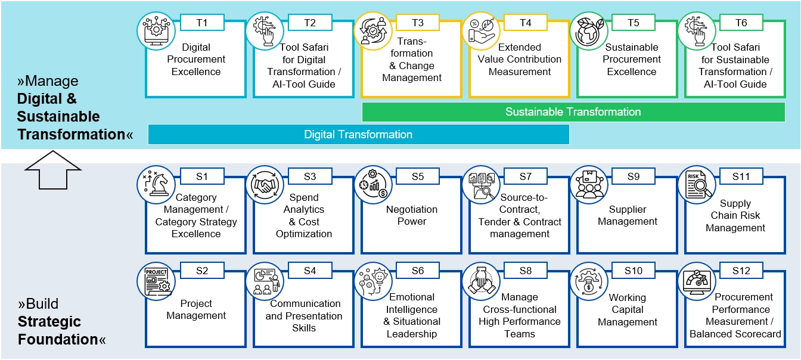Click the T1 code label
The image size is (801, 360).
tap(201, 23)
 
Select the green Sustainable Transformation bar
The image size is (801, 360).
tap(573, 112)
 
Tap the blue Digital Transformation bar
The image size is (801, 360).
tap(358, 135)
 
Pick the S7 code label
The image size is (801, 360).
tap(525, 176)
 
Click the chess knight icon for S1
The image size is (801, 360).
tap(156, 184)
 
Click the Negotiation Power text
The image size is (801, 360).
tap(412, 215)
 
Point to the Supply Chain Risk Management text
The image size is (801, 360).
tap(735, 215)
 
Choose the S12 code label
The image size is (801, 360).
tap(741, 271)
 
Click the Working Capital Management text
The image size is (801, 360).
tap(627, 309)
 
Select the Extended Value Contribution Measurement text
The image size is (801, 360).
tap(520, 60)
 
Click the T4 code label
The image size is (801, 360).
tap(525, 23)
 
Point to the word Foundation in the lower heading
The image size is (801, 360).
tap(57, 340)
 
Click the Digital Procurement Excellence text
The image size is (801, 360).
tap(196, 60)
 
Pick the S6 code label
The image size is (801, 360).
tap(417, 271)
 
